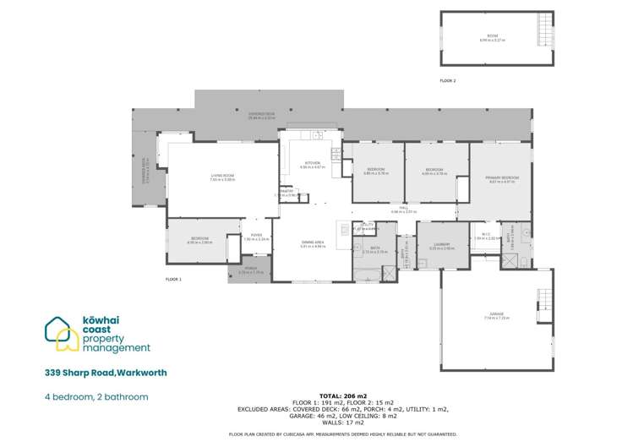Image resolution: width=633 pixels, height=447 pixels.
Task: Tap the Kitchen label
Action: [313, 165]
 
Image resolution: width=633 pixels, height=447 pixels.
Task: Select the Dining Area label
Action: [313, 243]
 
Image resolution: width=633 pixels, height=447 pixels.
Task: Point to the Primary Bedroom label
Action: [501, 178]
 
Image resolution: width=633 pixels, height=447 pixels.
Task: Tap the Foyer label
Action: [255, 237]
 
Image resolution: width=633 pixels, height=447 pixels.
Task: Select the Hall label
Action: [404, 209]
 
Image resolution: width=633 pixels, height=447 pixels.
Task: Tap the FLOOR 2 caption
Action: [448, 80]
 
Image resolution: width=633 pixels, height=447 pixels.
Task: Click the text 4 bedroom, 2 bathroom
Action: [97, 396]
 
